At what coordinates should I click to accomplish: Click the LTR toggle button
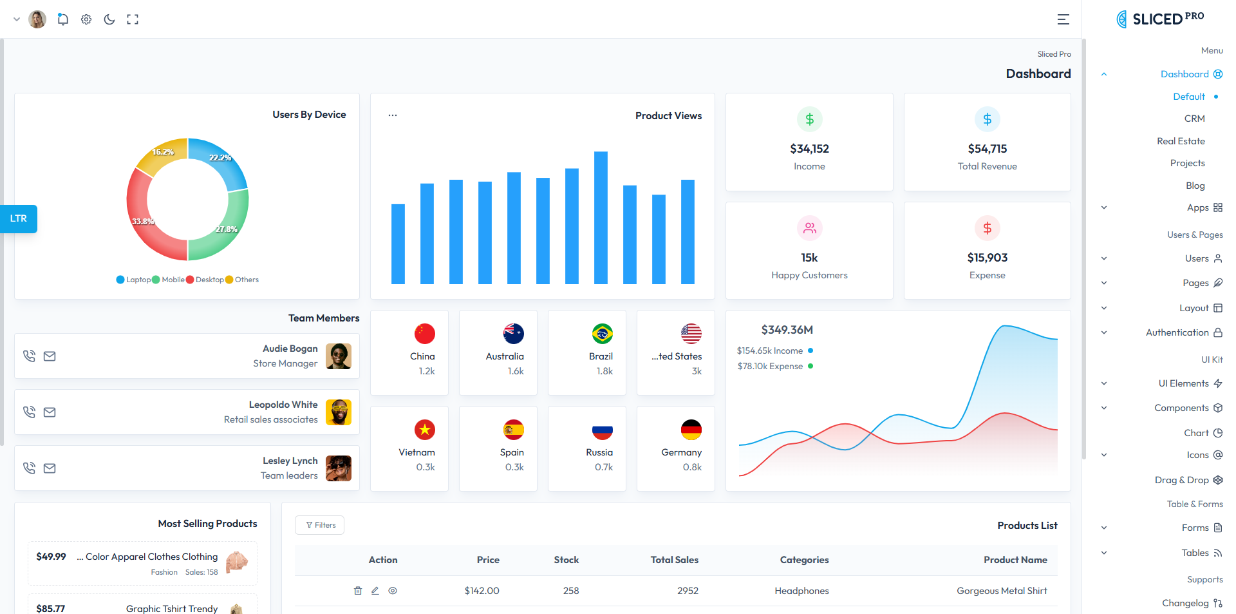point(19,218)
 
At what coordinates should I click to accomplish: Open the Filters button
point(319,525)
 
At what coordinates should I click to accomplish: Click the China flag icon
point(424,334)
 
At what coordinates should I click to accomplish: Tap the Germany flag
point(691,430)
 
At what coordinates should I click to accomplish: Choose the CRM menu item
point(1194,119)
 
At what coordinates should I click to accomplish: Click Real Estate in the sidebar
point(1181,141)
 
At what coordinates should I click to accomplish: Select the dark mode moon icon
point(109,19)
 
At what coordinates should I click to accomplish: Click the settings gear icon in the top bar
point(86,19)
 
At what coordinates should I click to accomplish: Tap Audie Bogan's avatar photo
point(339,356)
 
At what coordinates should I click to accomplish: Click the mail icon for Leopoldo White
point(50,412)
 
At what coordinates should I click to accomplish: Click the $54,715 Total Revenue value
point(987,149)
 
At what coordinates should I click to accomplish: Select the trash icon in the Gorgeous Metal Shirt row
point(358,591)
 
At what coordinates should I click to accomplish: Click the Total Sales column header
point(674,560)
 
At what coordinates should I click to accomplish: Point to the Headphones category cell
point(801,591)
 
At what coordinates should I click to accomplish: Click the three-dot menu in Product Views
point(393,115)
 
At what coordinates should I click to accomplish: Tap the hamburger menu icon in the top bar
point(1063,19)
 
